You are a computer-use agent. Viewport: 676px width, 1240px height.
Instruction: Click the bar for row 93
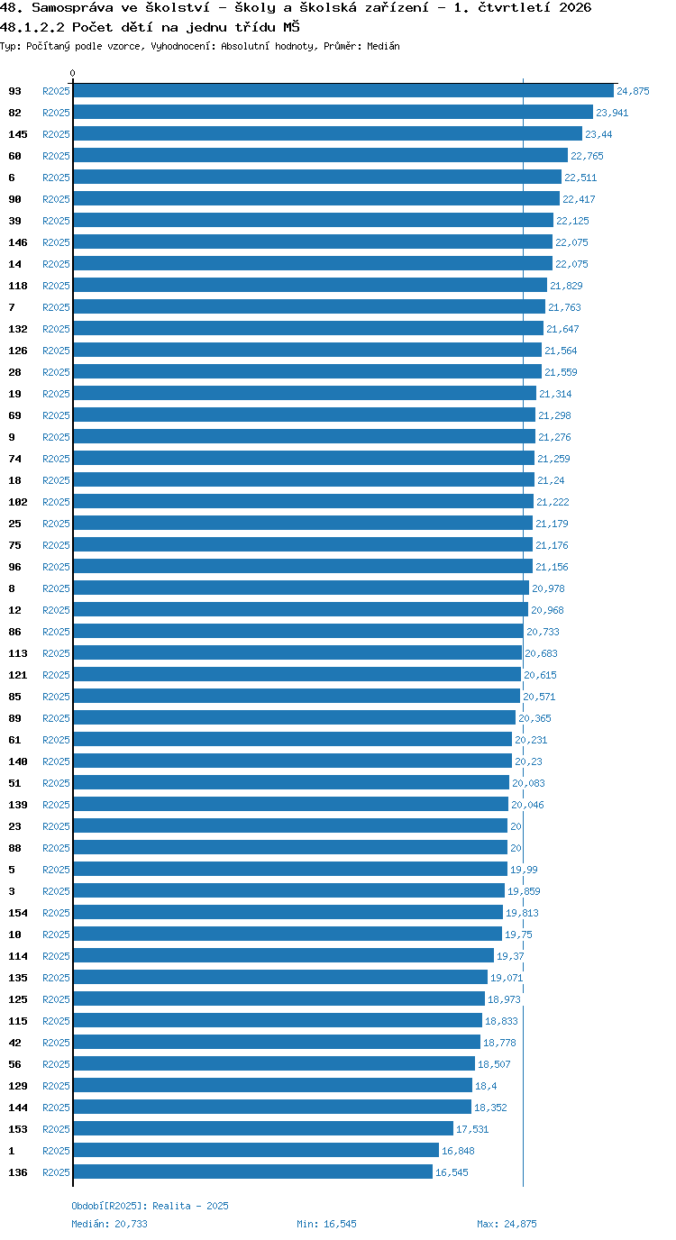coord(343,91)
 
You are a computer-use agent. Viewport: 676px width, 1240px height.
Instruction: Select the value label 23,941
coord(612,113)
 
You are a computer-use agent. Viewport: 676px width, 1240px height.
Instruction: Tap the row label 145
coord(18,134)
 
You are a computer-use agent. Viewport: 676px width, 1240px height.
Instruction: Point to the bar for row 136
coord(253,1172)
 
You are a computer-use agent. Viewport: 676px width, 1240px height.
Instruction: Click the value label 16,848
coord(458,1151)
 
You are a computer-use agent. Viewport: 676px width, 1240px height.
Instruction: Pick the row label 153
coord(18,1129)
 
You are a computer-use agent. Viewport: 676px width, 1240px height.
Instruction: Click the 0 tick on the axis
coord(72,74)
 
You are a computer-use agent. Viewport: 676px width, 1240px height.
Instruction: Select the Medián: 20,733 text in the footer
coord(110,1224)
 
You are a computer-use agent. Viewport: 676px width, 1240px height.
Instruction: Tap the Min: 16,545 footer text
coord(326,1224)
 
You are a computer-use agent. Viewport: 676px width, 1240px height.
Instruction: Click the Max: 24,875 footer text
coord(507,1224)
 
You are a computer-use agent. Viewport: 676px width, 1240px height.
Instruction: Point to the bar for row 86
coord(298,631)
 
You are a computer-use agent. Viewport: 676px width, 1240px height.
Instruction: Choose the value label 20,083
coord(528,783)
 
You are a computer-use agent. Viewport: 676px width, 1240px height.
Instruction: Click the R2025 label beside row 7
coord(57,307)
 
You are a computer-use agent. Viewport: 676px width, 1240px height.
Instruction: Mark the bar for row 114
coord(283,955)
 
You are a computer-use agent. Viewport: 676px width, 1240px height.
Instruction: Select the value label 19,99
coord(524,870)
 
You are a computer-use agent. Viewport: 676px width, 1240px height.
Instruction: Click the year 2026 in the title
coord(575,8)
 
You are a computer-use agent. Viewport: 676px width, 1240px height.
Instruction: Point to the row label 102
coord(18,502)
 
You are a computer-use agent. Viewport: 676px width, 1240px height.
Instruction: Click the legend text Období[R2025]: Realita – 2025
coord(150,1206)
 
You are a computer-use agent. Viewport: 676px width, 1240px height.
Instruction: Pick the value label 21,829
coord(566,286)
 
